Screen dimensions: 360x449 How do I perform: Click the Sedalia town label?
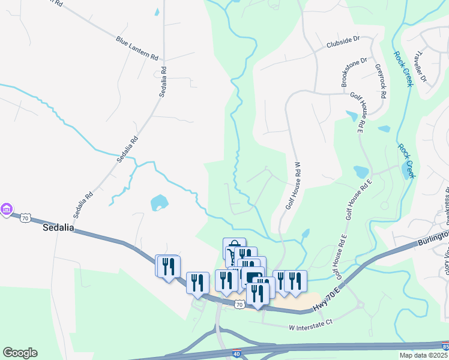(58, 228)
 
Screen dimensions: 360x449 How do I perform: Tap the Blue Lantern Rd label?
(137, 48)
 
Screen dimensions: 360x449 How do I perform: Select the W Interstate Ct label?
(310, 327)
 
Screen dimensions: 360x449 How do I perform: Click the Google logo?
(20, 353)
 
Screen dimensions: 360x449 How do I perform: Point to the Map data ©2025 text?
(423, 355)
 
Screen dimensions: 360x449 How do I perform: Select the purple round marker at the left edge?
(7, 209)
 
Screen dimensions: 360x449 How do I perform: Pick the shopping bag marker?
(234, 247)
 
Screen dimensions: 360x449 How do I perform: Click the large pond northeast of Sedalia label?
(159, 202)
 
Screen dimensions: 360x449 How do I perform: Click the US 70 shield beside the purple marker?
(25, 218)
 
